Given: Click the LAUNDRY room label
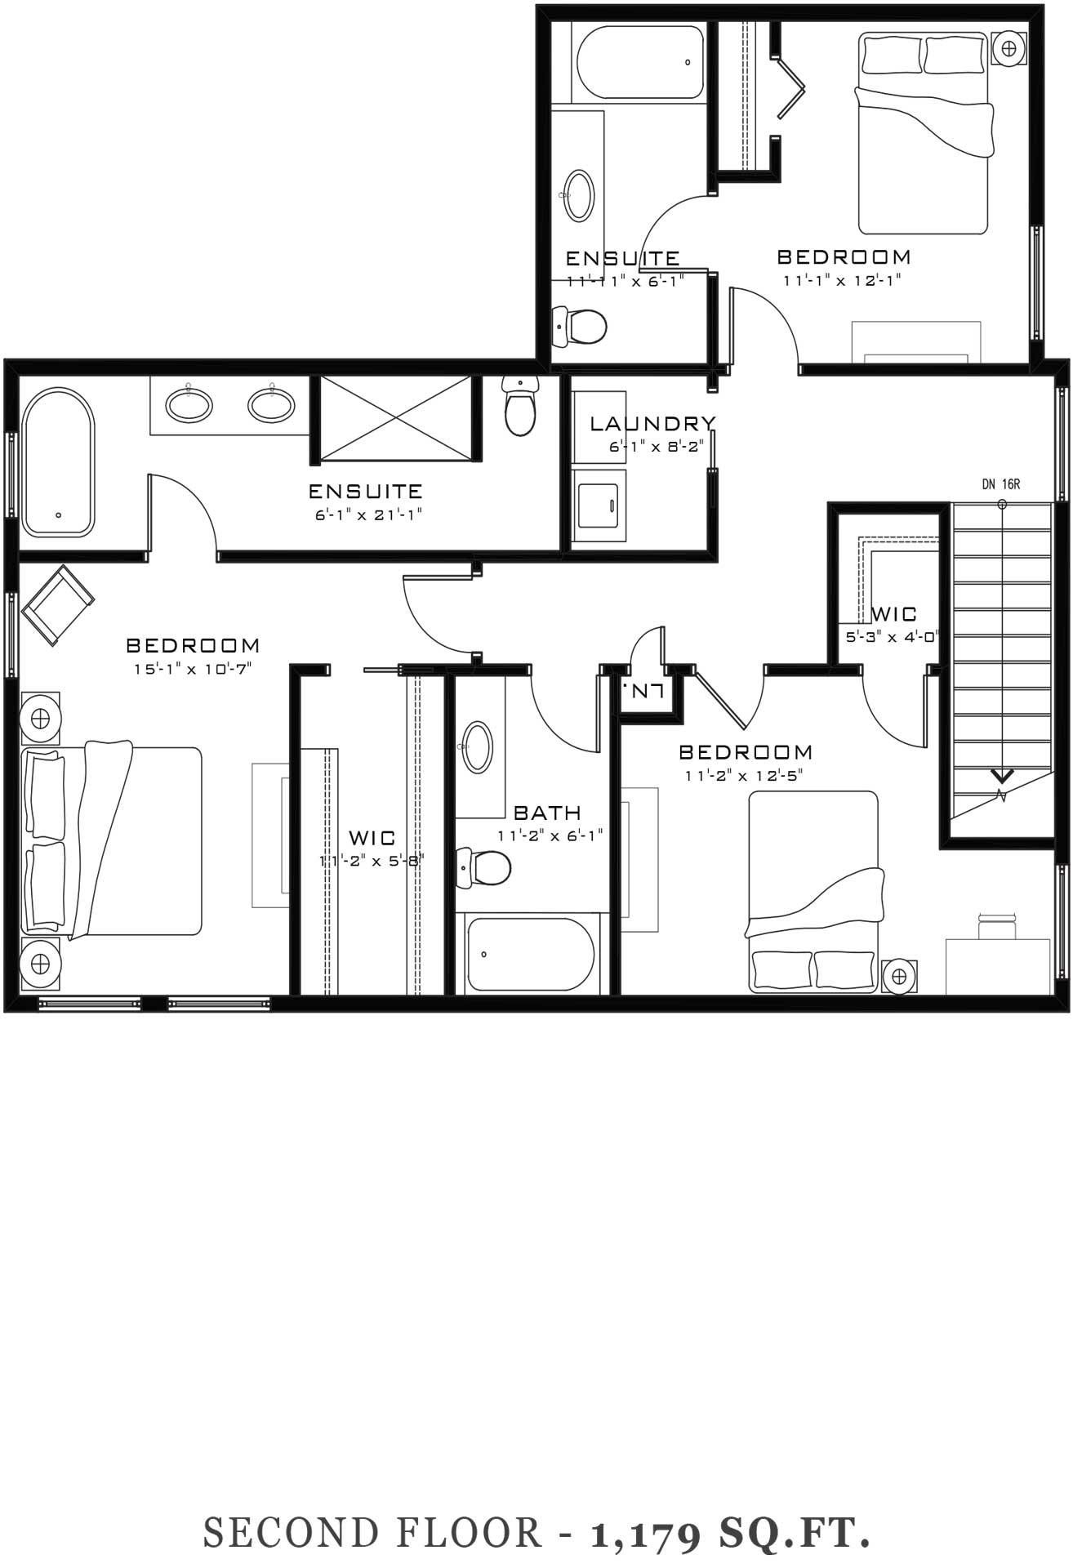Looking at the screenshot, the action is click(x=652, y=423).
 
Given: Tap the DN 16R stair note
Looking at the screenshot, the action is click(x=1001, y=484).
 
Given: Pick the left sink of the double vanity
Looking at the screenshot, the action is click(x=189, y=405).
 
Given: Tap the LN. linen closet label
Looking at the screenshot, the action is click(x=642, y=690).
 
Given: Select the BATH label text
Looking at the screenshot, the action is click(x=547, y=813).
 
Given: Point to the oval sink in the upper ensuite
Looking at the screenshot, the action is click(x=580, y=195).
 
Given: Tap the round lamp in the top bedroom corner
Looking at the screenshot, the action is click(x=1009, y=47).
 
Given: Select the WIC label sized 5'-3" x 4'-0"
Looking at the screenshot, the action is click(x=894, y=613).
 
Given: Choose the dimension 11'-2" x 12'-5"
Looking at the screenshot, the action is click(x=744, y=775).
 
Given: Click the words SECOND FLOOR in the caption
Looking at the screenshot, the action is click(x=372, y=1532).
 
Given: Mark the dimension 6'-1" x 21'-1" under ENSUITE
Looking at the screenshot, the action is click(x=370, y=515).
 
